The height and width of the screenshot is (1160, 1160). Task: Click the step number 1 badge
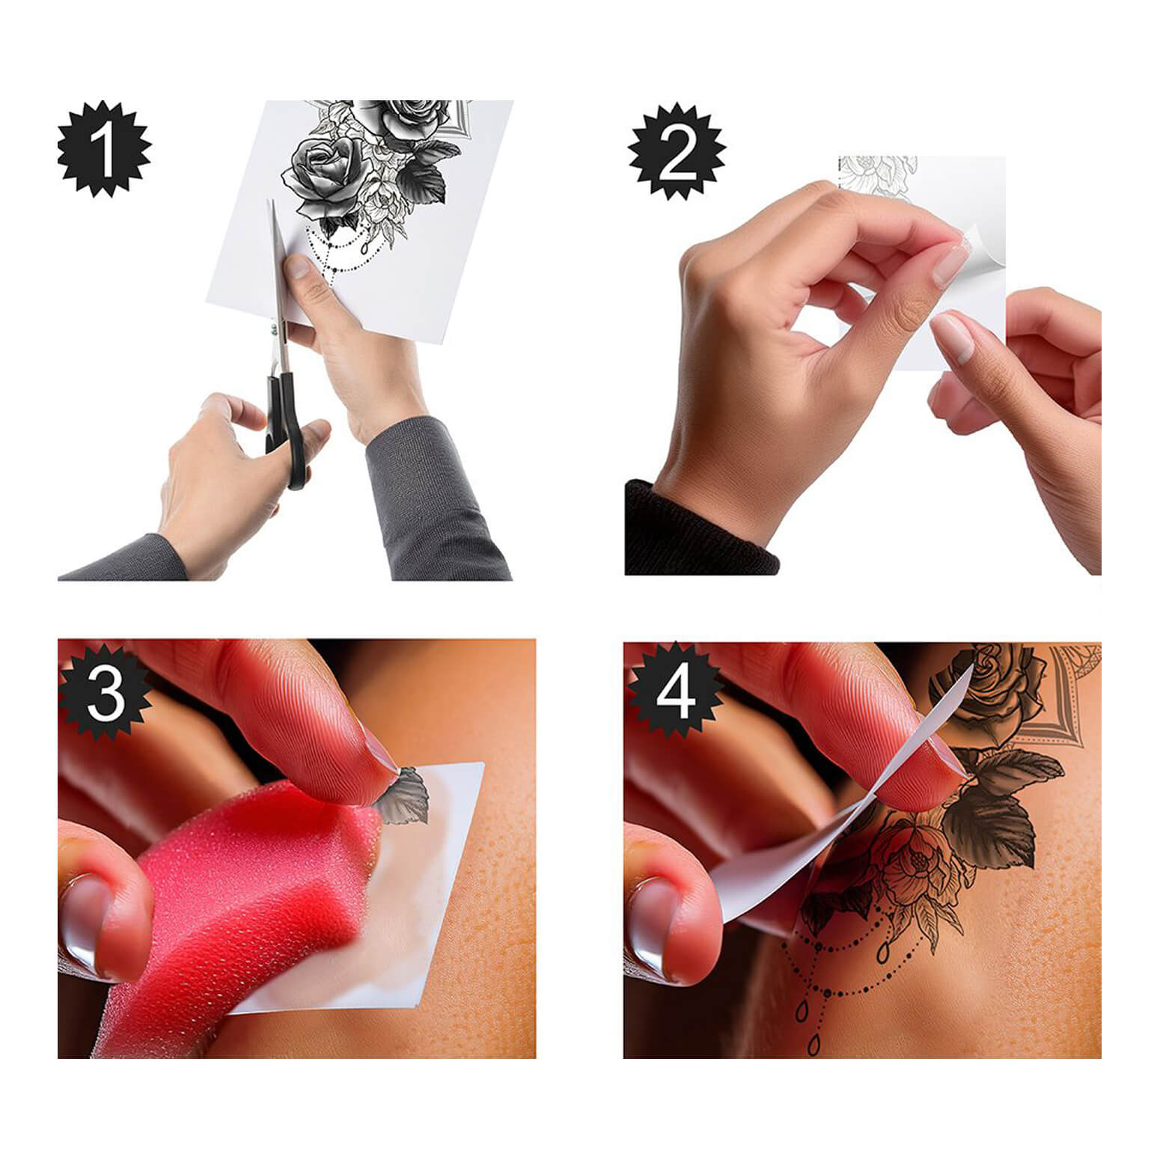tap(104, 149)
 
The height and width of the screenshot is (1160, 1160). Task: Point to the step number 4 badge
tap(675, 692)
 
